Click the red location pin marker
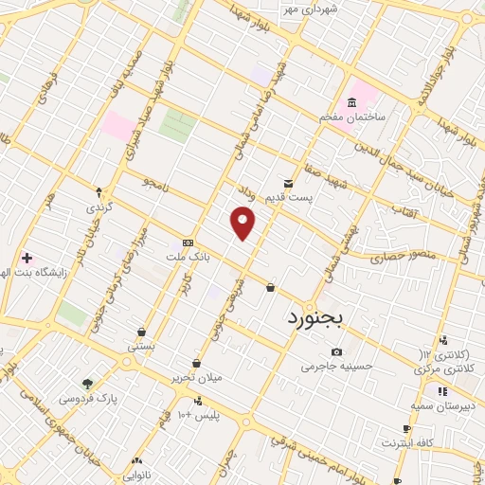pos(243,224)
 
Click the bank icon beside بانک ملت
pos(188,242)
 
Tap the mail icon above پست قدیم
pos(289,183)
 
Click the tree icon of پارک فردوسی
pos(88,384)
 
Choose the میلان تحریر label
pos(195,378)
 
